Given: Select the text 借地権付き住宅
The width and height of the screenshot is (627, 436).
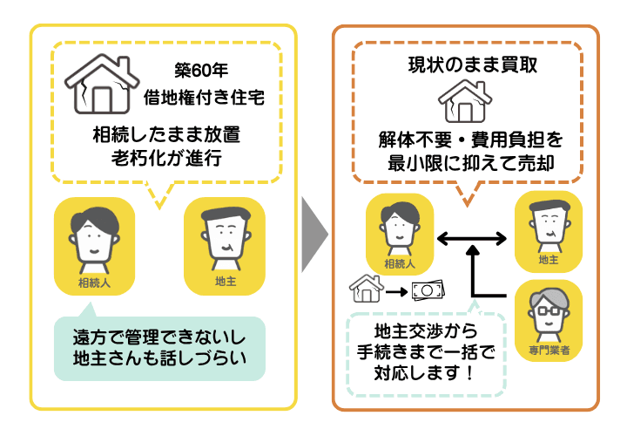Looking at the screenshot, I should click(x=203, y=98).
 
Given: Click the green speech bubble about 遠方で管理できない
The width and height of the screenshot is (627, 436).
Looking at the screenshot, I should click(x=158, y=348).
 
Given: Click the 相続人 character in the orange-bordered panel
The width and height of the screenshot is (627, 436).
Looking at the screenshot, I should click(x=400, y=232).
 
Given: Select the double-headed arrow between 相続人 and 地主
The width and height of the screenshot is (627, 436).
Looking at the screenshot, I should click(x=471, y=237).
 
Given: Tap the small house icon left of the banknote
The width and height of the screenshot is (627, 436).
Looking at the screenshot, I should click(x=366, y=288).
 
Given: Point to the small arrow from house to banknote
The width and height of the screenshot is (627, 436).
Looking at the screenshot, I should click(x=397, y=291).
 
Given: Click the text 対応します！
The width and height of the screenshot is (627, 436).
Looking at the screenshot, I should click(x=425, y=373).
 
